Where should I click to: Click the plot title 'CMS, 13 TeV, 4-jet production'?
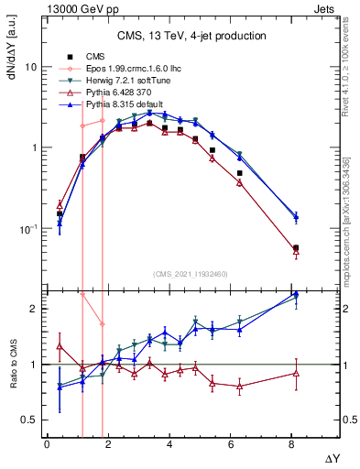[x=191, y=36]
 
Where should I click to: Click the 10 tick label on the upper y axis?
[x=31, y=68]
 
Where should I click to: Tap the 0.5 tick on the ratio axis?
[x=30, y=420]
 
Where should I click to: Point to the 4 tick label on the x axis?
[x=169, y=444]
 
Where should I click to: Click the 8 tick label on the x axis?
[x=291, y=444]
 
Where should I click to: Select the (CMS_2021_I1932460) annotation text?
[x=191, y=274]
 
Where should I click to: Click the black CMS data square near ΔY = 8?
[x=295, y=247]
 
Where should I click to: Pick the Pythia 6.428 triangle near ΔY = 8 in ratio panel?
[x=295, y=373]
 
